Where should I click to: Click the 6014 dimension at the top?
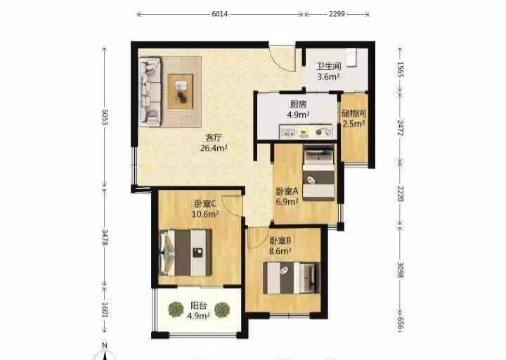click(x=220, y=14)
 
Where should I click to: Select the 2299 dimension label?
click(x=337, y=14)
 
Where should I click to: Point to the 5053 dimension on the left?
click(x=105, y=117)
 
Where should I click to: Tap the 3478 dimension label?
click(x=105, y=237)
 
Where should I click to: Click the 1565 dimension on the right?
click(x=401, y=70)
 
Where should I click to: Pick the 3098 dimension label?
click(x=401, y=269)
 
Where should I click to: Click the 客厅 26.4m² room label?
click(x=214, y=143)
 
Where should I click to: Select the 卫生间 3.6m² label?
click(x=328, y=71)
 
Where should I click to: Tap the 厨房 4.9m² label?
click(x=298, y=110)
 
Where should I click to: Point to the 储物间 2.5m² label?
click(x=353, y=119)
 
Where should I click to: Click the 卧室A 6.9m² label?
click(x=287, y=196)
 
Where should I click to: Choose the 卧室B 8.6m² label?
click(x=280, y=245)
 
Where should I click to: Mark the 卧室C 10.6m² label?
click(x=205, y=209)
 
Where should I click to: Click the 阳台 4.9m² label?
click(x=198, y=311)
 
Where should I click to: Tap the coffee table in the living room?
click(x=181, y=91)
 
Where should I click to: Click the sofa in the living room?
click(x=150, y=91)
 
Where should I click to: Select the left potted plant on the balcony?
click(x=176, y=309)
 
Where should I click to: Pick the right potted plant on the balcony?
click(x=222, y=309)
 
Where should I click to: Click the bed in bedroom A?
click(x=318, y=173)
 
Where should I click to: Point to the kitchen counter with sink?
click(x=306, y=131)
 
